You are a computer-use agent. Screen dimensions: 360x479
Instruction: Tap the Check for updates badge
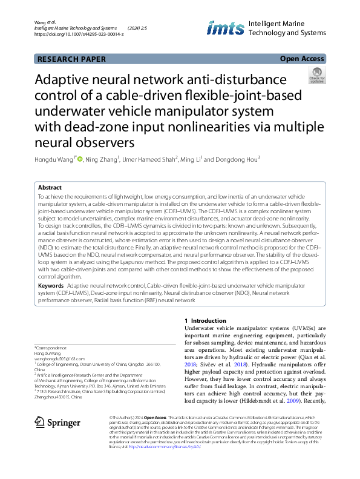(317, 76)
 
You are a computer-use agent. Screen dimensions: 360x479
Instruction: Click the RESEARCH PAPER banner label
(72, 59)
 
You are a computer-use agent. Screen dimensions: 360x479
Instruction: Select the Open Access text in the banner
(303, 59)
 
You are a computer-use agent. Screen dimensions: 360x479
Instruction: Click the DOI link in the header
(79, 35)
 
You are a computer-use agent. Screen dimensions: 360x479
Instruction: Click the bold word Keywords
(51, 285)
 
